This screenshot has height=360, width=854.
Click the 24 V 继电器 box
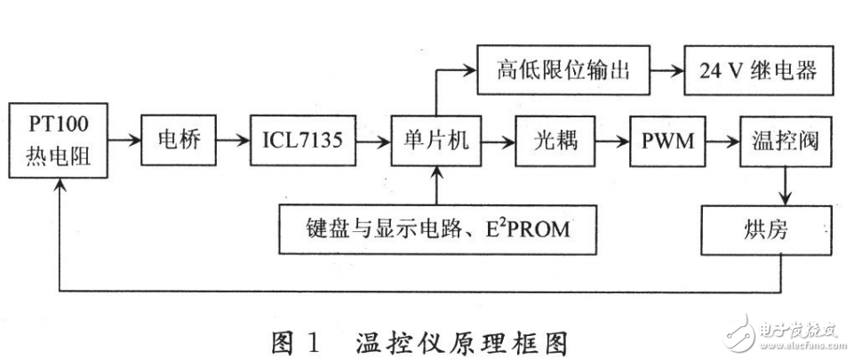click(760, 69)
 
